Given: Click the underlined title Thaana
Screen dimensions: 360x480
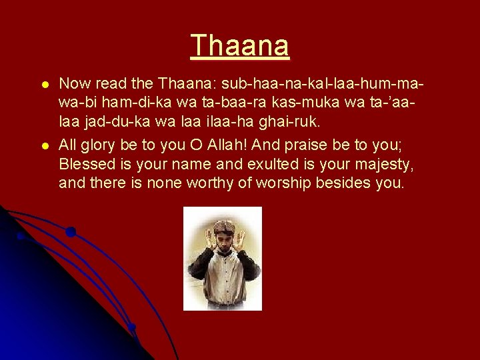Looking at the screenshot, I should pyautogui.click(x=240, y=45).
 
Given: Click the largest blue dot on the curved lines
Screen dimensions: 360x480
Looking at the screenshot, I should pyautogui.click(x=70, y=232).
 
